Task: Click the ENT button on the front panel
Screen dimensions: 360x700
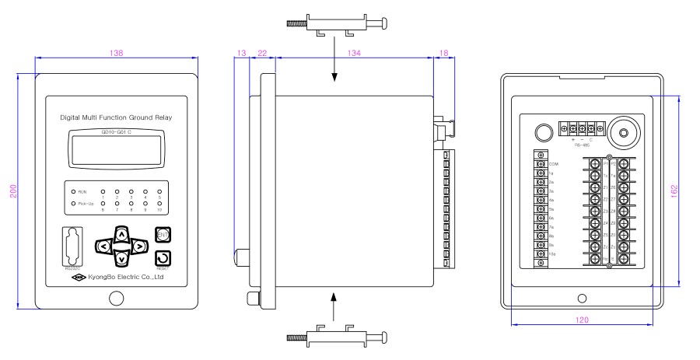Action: coord(163,235)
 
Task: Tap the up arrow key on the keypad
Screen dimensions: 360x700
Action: coord(120,232)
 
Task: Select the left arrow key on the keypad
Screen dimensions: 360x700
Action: coord(103,246)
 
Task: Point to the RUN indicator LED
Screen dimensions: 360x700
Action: coord(73,190)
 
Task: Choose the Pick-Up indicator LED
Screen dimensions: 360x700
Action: coord(73,204)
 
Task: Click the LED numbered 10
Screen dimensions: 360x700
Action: coord(159,204)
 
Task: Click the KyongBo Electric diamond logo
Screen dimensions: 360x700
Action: coord(77,276)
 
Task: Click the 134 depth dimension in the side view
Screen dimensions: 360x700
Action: coord(354,53)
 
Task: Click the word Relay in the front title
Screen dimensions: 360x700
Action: coord(163,117)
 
